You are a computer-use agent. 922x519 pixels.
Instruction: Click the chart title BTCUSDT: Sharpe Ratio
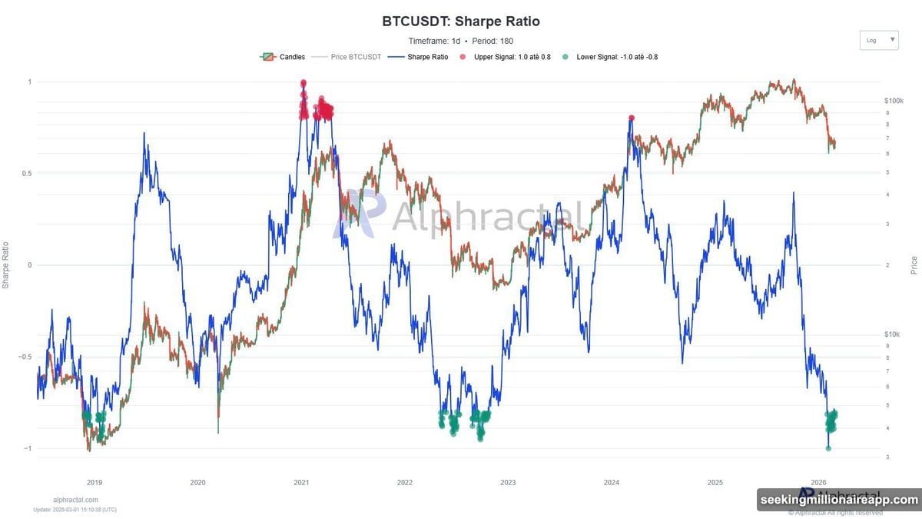[460, 22]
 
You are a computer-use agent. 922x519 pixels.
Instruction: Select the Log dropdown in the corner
[879, 40]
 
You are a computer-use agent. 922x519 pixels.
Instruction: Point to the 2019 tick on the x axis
[95, 483]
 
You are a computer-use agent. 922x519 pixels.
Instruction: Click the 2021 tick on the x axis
[301, 483]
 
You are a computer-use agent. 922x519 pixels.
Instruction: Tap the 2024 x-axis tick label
[612, 483]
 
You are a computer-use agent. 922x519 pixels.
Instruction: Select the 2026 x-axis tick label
[818, 483]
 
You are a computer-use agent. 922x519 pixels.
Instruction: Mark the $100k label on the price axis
[894, 101]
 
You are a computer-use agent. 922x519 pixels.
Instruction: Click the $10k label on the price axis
[892, 334]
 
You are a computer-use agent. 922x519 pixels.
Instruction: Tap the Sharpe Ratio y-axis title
[6, 265]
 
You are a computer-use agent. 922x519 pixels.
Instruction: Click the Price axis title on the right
[914, 265]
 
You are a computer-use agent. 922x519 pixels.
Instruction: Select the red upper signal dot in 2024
[632, 118]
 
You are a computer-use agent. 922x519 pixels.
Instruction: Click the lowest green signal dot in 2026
[828, 448]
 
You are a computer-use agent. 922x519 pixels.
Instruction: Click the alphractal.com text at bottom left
[75, 500]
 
